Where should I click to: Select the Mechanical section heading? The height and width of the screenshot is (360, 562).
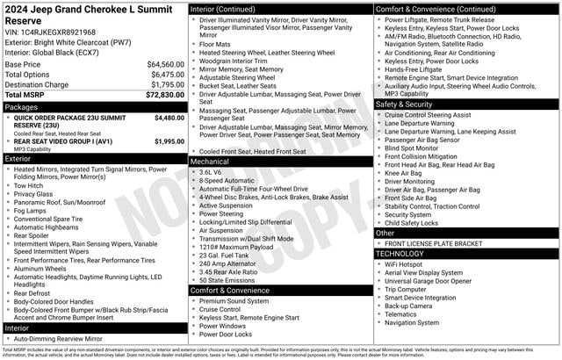[x=210, y=162]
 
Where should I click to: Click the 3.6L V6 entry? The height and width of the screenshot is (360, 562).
[x=211, y=172]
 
